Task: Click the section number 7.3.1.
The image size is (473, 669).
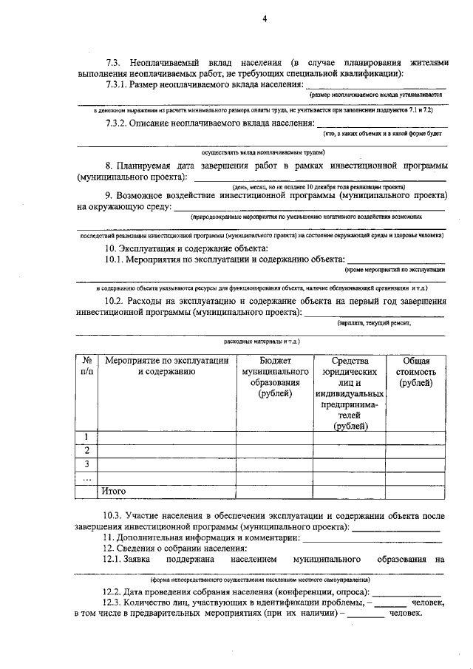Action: point(120,86)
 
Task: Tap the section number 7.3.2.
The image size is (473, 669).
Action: point(120,123)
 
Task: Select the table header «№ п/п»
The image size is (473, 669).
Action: point(86,367)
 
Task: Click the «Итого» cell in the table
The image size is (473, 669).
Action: point(114,491)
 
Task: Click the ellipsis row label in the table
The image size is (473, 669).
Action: point(86,478)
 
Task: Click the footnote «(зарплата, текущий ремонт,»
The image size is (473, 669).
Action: point(373,323)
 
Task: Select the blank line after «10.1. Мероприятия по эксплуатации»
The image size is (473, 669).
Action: point(396,262)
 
